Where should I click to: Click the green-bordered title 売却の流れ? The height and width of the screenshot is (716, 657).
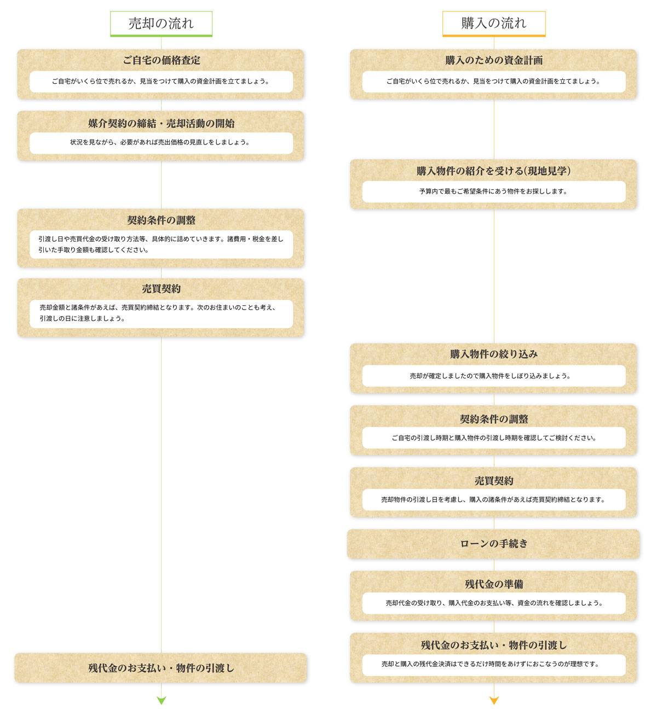161,24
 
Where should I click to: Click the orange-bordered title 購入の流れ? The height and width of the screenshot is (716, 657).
494,24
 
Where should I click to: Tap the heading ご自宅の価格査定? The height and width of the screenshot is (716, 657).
161,60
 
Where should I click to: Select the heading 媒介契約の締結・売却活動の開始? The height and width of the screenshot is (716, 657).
161,123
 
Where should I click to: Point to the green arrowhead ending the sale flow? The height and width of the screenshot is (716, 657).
161,700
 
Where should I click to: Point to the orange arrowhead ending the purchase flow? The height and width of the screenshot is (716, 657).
494,700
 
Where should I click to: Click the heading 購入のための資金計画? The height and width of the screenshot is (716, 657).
494,60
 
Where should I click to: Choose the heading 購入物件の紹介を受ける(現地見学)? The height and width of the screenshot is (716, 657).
494,171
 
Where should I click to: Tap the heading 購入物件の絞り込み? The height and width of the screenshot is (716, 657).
494,354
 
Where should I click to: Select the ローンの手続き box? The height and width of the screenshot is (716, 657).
493,544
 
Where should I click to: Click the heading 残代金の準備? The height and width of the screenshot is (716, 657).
494,584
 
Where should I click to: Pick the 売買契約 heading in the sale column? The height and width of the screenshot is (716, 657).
161,288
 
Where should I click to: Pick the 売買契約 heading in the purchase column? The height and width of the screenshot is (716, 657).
494,480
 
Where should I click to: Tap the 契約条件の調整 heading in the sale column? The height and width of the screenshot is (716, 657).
161,220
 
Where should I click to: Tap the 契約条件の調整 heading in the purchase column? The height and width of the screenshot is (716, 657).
494,418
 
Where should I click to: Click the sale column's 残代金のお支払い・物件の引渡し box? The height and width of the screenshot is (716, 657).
161,668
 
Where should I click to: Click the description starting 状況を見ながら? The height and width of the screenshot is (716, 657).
160,142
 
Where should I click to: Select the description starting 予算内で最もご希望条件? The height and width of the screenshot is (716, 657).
494,191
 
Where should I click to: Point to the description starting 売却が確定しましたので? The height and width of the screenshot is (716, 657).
490,376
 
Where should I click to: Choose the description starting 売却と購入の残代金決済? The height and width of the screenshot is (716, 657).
491,664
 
